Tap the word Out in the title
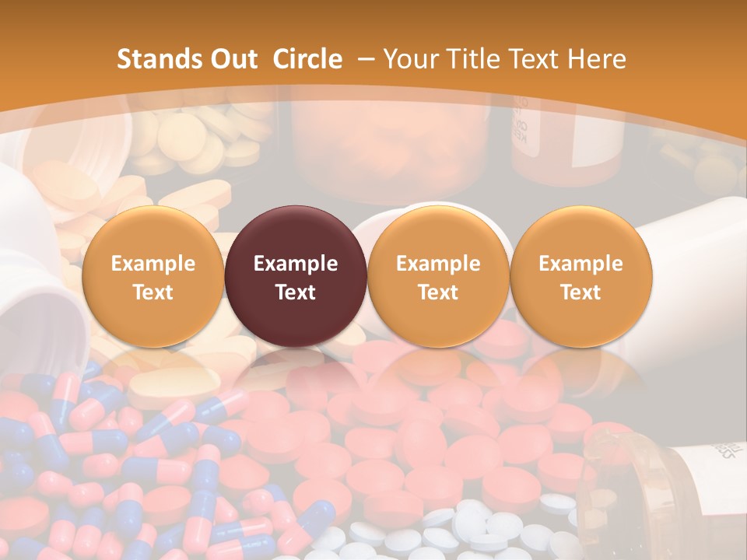232,59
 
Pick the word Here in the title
598,59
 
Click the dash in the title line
366,59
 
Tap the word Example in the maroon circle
296,264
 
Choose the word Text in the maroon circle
296,292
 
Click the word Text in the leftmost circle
153,292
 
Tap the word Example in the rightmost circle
580,264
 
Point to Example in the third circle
438,264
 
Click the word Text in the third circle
438,292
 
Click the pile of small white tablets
475,529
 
